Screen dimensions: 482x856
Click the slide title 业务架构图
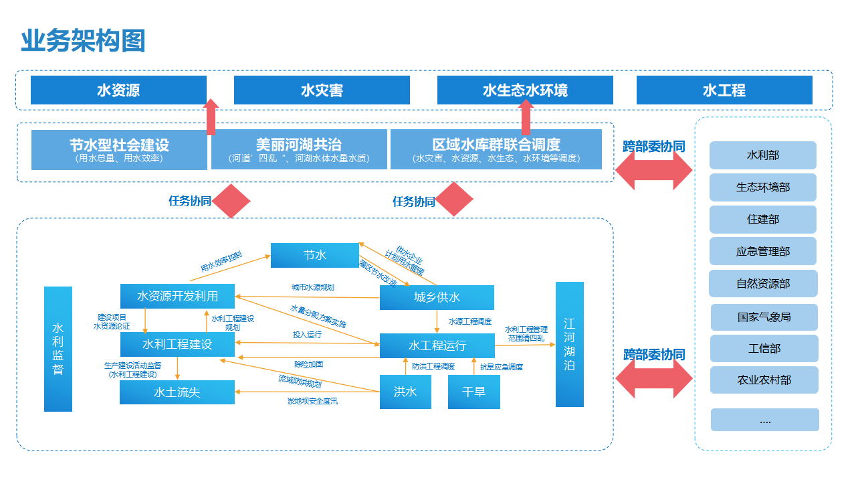83,41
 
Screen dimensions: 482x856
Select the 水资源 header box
118,90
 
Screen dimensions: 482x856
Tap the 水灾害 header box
322,90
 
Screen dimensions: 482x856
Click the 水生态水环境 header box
525,90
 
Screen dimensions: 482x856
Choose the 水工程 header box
724,90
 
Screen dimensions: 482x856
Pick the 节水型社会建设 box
119,149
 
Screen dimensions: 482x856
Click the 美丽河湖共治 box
299,149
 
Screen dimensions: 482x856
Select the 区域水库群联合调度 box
496,149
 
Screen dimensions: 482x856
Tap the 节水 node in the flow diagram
314,255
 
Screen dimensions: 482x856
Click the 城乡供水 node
437,297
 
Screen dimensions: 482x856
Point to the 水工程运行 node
437,345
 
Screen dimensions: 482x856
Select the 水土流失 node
177,392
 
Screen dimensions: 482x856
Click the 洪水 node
405,392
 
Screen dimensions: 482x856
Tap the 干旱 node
474,392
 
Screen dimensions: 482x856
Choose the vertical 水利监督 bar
58,349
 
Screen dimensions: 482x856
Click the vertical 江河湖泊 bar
569,344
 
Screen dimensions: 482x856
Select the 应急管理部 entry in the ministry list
762,252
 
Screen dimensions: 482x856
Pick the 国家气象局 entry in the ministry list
764,317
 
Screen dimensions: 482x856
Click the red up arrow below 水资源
211,116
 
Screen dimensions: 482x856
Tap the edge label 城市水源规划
312,287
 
